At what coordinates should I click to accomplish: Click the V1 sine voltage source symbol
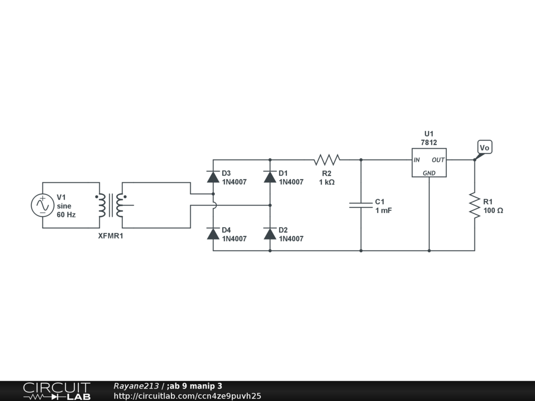(42, 205)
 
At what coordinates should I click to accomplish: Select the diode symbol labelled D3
(213, 177)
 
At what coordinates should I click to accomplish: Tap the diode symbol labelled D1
(270, 177)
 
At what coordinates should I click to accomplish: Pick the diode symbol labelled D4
(213, 233)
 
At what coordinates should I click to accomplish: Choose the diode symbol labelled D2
(270, 233)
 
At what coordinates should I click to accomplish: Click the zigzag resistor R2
(327, 159)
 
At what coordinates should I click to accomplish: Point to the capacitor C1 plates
(360, 205)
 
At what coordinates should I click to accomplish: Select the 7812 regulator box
(429, 162)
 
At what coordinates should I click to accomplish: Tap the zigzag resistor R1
(474, 205)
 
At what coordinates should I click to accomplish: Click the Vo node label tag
(484, 148)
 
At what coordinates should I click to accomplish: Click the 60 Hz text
(66, 215)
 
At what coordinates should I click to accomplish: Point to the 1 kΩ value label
(327, 182)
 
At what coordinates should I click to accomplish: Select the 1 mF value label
(383, 210)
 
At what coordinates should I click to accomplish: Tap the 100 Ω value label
(493, 210)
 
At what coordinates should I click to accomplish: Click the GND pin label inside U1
(429, 173)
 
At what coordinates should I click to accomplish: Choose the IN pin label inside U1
(417, 160)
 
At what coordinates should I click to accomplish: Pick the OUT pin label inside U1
(438, 160)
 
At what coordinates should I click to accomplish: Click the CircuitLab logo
(56, 391)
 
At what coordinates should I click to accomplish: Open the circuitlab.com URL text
(187, 396)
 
